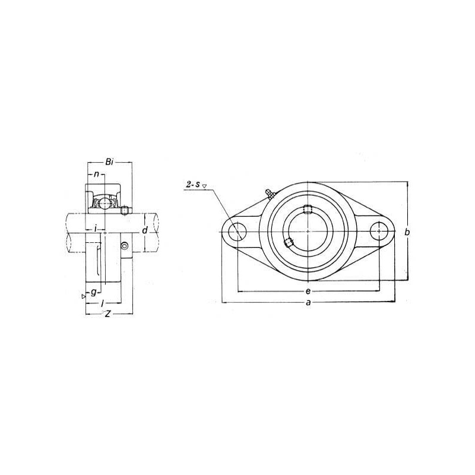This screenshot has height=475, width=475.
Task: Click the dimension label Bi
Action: [x=109, y=162]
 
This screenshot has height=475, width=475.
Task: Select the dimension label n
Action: [x=96, y=174]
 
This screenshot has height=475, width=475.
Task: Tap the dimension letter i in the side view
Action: [x=96, y=229]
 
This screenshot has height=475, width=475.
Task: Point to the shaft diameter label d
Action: [x=145, y=230]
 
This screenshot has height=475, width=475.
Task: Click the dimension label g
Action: [x=94, y=292]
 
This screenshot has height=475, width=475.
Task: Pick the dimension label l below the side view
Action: [x=103, y=302]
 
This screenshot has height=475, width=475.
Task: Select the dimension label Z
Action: [x=107, y=314]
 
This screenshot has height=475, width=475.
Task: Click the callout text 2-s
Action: [x=193, y=184]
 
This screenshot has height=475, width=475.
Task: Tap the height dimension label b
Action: [x=407, y=232]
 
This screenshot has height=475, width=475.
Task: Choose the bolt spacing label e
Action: [x=308, y=292]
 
